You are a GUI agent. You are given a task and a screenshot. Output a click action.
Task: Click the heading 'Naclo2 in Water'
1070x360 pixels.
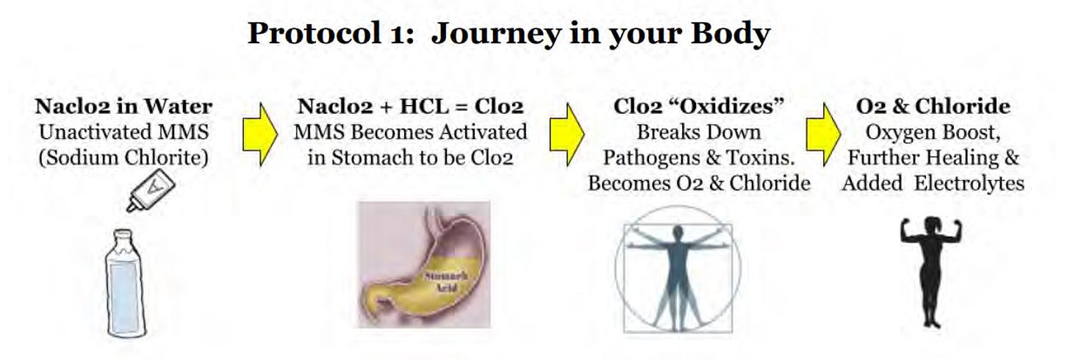point(123,106)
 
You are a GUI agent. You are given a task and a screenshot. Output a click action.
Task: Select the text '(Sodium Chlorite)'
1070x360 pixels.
point(123,158)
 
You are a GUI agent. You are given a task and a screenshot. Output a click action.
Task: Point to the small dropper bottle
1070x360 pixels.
point(151,190)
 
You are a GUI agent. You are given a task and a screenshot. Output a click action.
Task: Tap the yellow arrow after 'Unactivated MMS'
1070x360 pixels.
point(260,134)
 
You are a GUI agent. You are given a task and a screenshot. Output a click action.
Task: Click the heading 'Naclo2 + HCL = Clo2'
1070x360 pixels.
point(410,106)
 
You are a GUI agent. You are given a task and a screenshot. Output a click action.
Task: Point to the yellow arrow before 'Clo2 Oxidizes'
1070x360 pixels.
point(567,134)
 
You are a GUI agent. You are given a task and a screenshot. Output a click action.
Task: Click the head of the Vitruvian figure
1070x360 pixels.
point(678,232)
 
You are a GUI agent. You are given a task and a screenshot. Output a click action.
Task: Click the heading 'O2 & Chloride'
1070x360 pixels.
point(933,106)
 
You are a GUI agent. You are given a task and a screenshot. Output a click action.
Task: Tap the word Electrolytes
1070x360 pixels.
point(969,184)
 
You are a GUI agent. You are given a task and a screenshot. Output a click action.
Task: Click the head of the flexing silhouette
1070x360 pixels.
point(932,224)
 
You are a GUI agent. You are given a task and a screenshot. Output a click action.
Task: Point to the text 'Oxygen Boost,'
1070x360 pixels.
point(933,133)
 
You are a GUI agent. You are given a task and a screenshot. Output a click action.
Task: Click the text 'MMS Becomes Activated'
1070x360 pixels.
point(410,132)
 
